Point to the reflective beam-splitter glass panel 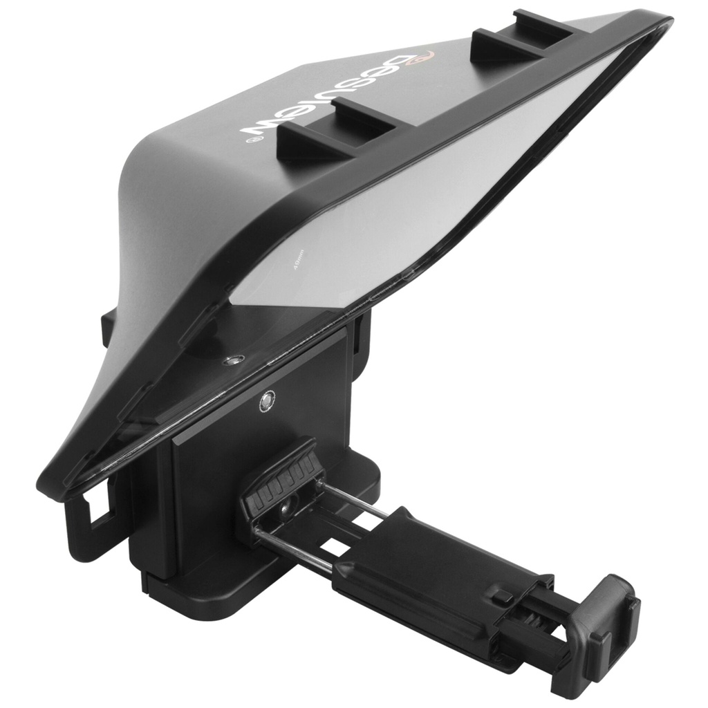[387, 221]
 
